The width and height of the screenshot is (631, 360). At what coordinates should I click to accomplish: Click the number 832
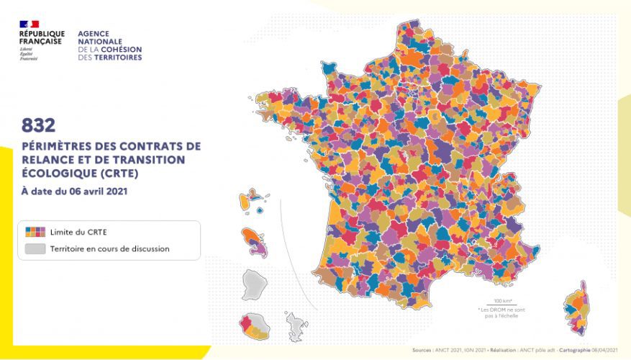pos(38,125)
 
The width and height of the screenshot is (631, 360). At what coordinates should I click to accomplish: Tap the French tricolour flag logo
pos(29,24)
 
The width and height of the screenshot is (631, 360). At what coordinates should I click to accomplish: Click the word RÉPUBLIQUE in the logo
pos(42,34)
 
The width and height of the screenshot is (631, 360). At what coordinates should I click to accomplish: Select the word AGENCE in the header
pos(92,34)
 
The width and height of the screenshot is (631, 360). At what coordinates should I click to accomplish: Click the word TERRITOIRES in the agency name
pos(116,58)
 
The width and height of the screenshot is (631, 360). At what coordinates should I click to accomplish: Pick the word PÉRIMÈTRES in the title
pos(54,145)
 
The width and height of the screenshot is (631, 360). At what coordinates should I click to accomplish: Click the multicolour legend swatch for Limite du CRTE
pos(35,232)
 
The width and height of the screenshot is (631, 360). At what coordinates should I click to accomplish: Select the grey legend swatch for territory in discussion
pos(35,248)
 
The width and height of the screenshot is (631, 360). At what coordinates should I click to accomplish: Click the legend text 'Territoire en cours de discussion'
pos(109,249)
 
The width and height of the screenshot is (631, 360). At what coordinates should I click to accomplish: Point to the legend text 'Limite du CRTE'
pos(78,232)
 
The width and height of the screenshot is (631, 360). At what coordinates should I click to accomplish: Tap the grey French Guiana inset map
pos(254,284)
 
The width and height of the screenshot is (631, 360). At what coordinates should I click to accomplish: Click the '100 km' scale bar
pos(502,301)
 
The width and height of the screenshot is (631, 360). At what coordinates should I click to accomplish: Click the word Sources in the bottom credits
pos(422,351)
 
